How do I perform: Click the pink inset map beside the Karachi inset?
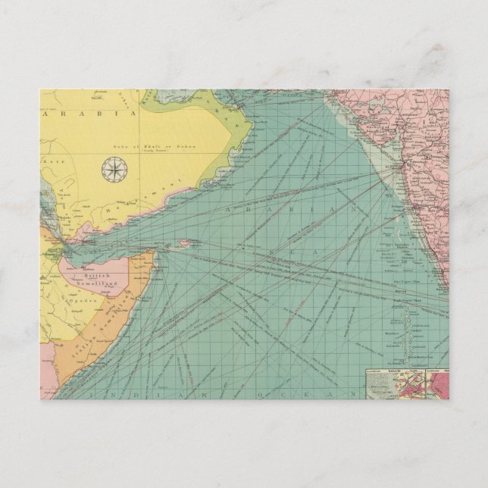pyautogui.click(x=440, y=386)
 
